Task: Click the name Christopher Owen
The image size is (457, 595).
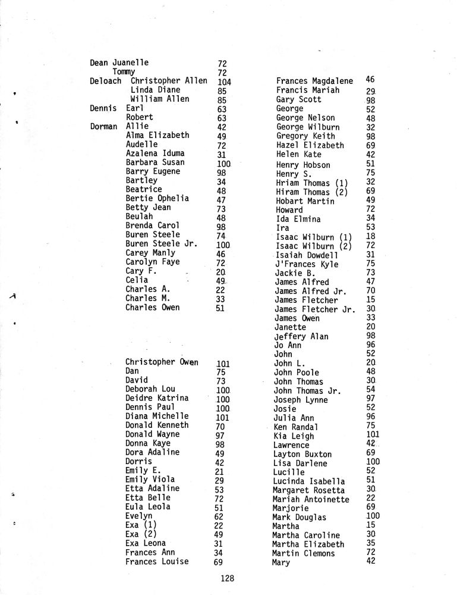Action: [162, 362]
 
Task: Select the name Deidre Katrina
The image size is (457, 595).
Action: [157, 398]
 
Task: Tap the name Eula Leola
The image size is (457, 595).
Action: [148, 506]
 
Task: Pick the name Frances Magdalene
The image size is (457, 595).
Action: [314, 81]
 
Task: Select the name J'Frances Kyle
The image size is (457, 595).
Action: [306, 264]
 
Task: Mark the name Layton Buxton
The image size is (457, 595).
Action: [302, 454]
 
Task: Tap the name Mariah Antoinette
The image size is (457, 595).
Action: [311, 499]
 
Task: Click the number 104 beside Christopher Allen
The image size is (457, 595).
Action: [224, 82]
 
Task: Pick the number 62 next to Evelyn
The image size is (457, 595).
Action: [219, 516]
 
